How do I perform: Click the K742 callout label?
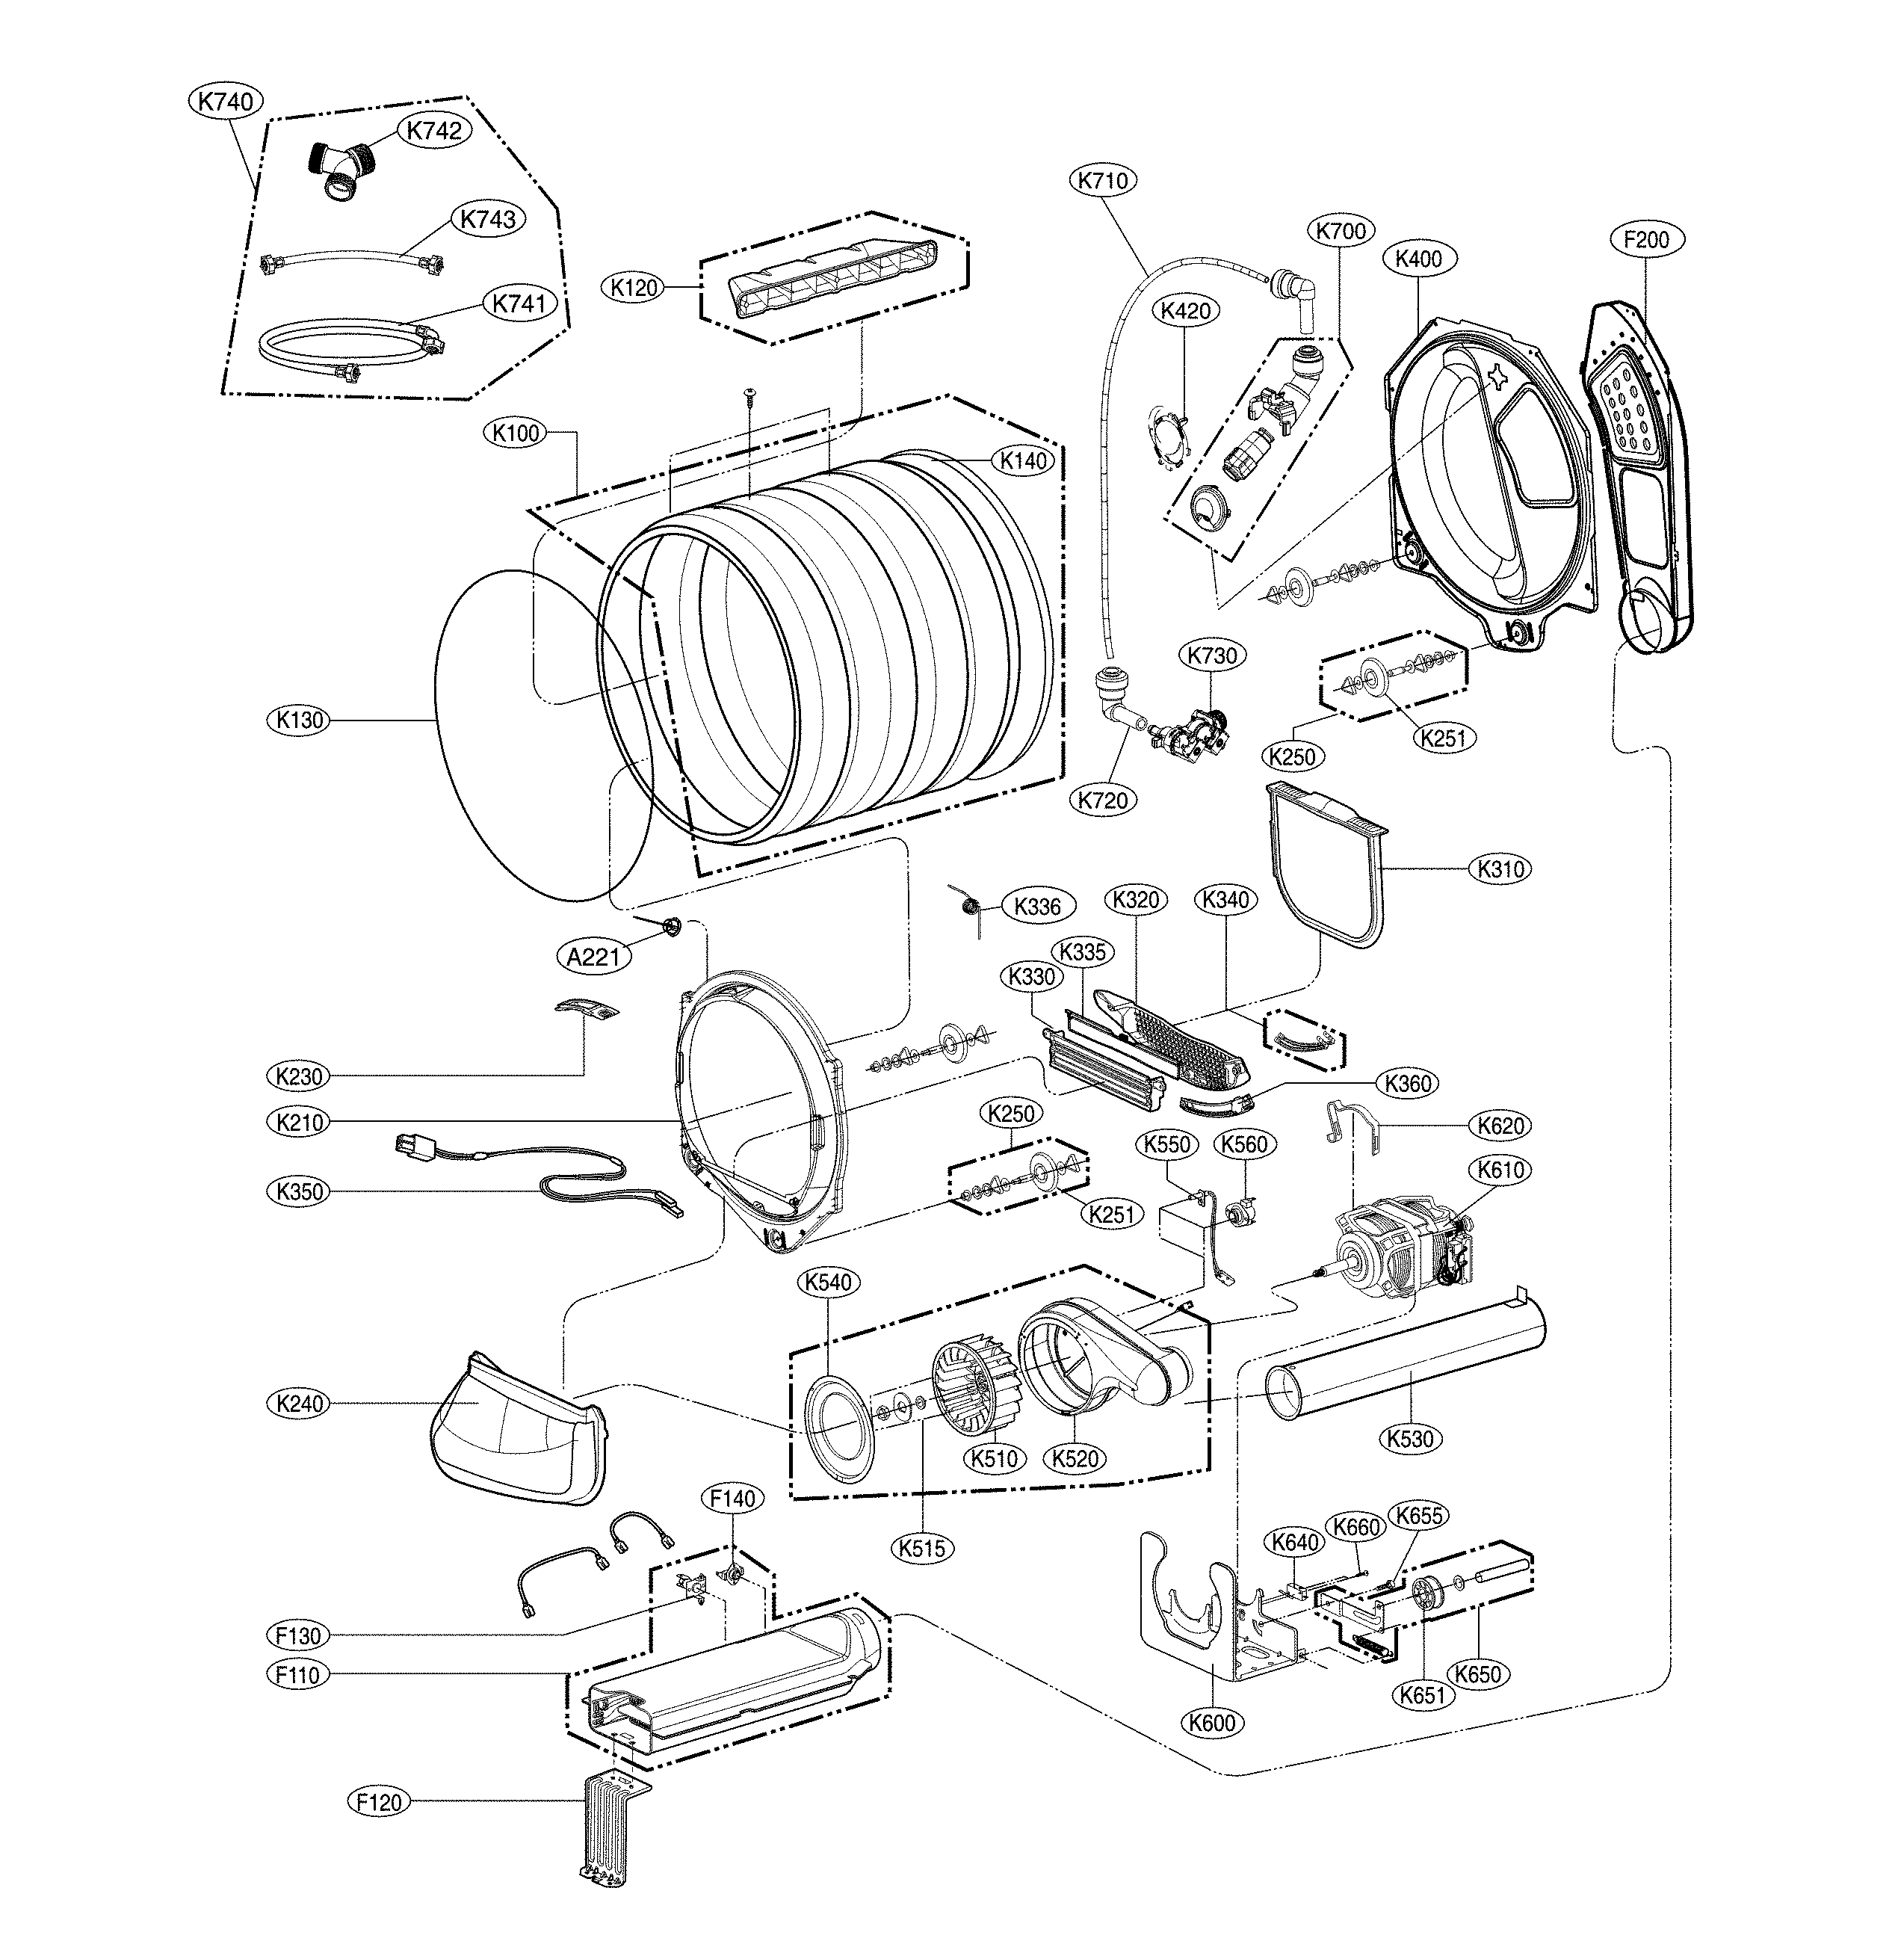(x=433, y=131)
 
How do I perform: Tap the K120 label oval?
(x=634, y=288)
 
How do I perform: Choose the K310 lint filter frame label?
(x=1500, y=869)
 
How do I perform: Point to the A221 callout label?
(x=594, y=957)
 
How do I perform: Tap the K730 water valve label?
(x=1213, y=655)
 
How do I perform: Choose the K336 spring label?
(x=1038, y=906)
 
